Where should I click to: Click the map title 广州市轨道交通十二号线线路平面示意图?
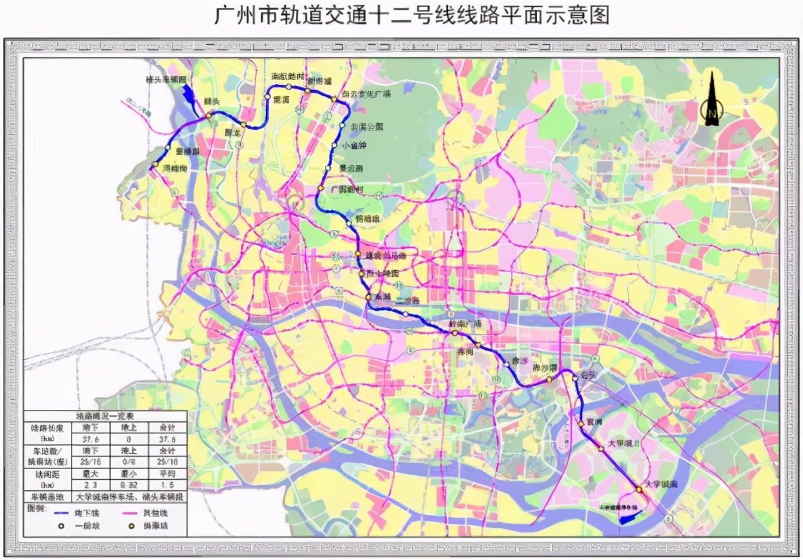tap(401, 16)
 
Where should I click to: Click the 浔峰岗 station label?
tap(175, 169)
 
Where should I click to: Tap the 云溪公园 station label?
tap(367, 127)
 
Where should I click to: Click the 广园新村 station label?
tap(343, 190)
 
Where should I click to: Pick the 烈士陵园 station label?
tap(383, 274)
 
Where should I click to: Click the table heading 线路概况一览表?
tap(105, 416)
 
